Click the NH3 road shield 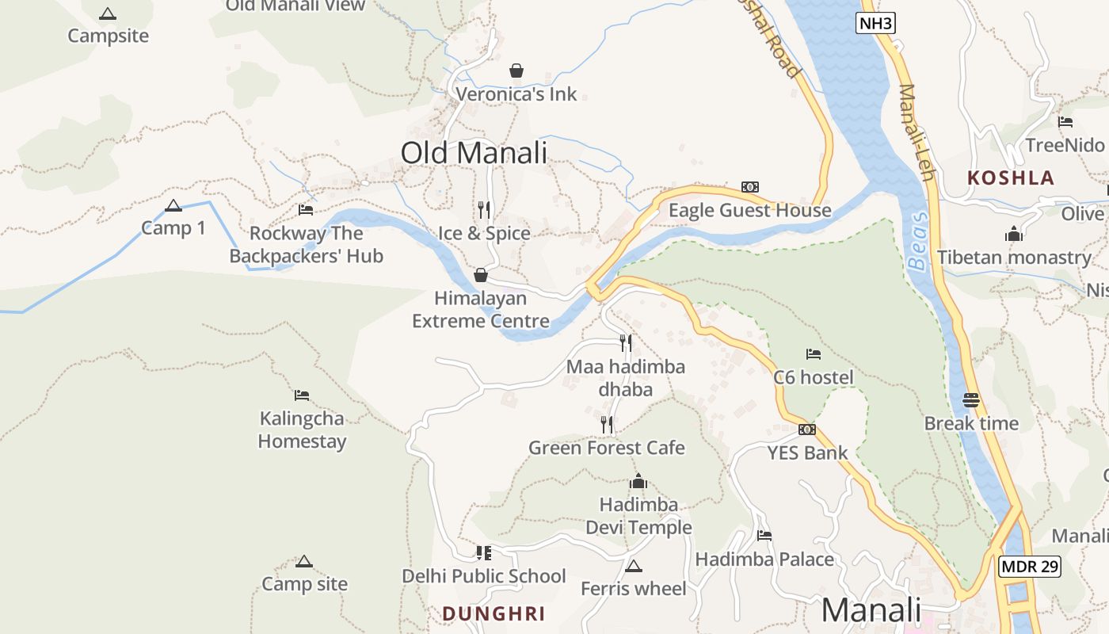click(876, 23)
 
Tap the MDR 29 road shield click(1029, 567)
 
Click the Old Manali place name click(474, 152)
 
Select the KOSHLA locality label click(1011, 178)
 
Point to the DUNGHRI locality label click(494, 613)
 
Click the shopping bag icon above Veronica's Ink click(516, 71)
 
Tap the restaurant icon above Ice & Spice click(484, 210)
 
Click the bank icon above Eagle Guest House click(749, 187)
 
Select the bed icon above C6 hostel click(813, 354)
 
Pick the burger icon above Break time click(971, 400)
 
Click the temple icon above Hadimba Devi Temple click(638, 481)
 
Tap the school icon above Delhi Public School click(483, 552)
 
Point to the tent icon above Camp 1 click(173, 206)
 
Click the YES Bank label click(807, 453)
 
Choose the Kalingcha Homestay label click(302, 430)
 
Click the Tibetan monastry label click(1014, 258)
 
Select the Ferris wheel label click(633, 589)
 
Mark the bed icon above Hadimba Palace click(764, 536)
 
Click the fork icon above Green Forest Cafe click(606, 425)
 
